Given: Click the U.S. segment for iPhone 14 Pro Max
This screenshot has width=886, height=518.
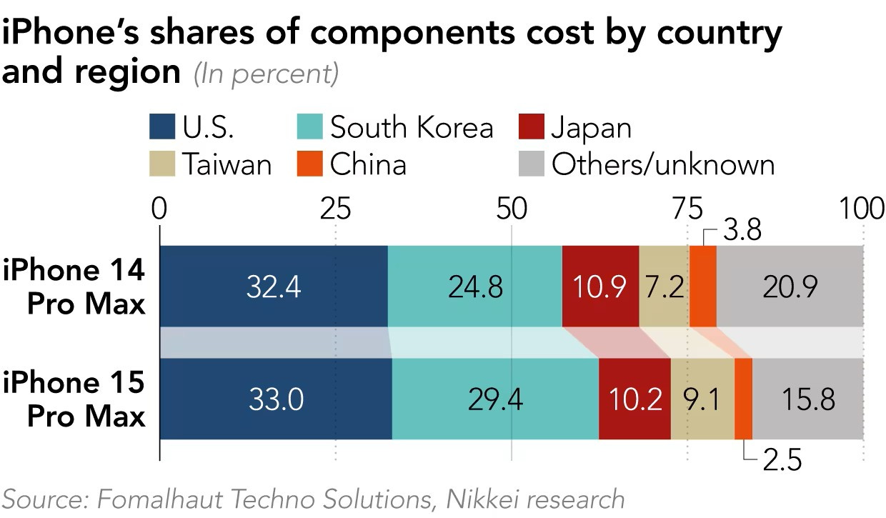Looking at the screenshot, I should (273, 286).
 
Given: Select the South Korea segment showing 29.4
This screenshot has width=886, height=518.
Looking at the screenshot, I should (495, 399).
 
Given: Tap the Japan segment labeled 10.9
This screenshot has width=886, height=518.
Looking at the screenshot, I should (600, 286).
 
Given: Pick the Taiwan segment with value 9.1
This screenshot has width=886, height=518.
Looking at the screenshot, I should (702, 399).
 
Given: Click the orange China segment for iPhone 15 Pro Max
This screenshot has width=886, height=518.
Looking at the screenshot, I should (743, 399).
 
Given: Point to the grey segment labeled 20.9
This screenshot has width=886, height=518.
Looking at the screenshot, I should (790, 286).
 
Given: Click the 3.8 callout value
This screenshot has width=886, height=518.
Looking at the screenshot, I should (742, 231).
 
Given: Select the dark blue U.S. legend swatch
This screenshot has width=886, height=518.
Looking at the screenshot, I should (162, 128).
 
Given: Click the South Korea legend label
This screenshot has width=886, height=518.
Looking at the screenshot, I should (412, 128).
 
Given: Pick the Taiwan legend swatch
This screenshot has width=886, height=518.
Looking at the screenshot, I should (162, 164).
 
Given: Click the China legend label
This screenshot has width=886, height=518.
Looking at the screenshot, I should (368, 164).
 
